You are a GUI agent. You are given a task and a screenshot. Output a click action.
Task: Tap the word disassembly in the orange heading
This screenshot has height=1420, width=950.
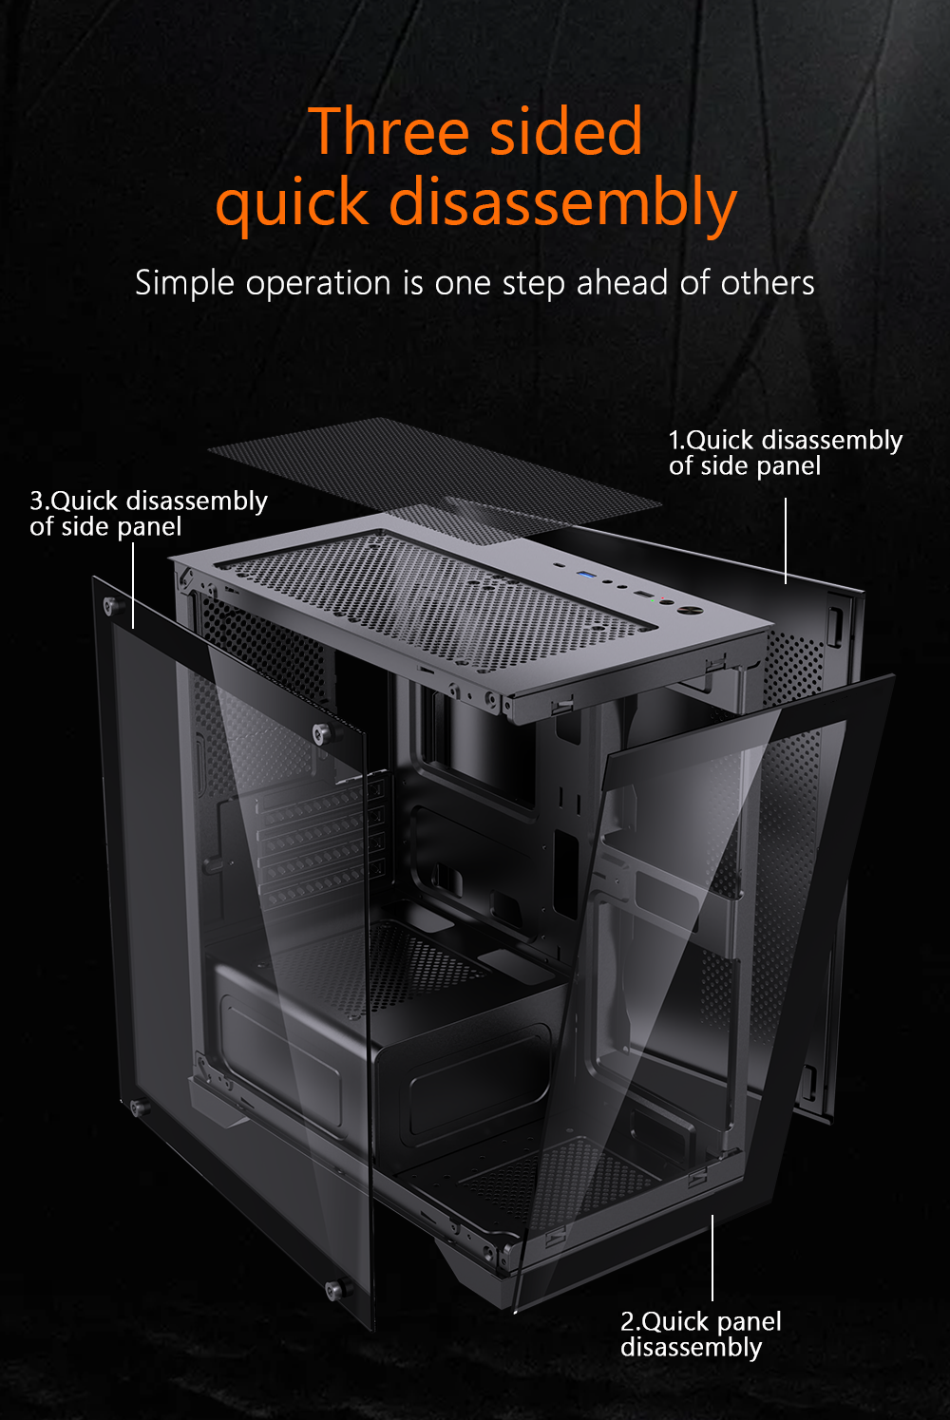point(563,203)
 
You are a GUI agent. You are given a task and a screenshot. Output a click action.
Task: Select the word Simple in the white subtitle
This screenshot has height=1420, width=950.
point(184,283)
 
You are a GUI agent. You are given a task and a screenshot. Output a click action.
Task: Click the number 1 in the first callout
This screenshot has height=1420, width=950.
point(674,440)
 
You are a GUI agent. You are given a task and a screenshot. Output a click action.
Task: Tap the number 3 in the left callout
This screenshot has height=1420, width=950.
point(36,501)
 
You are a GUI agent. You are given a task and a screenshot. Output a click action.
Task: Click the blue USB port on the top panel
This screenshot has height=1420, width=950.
point(584,575)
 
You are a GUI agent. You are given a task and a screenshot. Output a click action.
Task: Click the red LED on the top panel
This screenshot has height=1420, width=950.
point(663,597)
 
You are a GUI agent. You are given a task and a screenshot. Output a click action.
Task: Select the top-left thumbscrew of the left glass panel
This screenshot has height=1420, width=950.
point(114,606)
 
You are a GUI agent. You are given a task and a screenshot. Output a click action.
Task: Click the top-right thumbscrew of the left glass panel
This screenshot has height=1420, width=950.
point(325,733)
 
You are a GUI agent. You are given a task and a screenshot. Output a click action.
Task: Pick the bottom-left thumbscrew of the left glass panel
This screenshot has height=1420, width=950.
point(140,1108)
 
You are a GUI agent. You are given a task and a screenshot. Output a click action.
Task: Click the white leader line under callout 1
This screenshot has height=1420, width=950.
point(786,540)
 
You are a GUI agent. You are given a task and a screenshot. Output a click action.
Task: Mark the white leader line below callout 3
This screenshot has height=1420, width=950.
point(133,585)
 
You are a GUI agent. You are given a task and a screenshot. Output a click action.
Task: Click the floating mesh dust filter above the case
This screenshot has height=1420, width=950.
point(434,481)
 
